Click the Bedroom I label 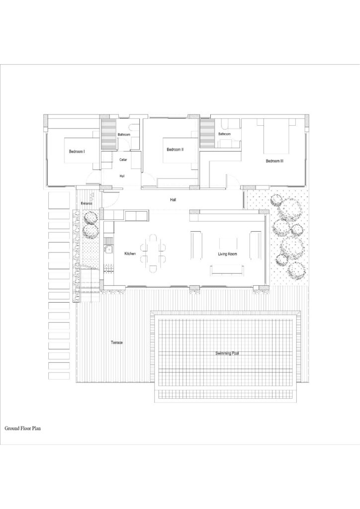coord(77,151)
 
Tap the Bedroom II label coord(176,150)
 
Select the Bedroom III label coord(274,161)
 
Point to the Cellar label coord(123,160)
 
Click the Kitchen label coord(130,254)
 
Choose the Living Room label coord(227,254)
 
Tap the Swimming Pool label coord(227,353)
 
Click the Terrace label coord(117,342)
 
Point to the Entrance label coord(87,203)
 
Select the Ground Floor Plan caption coord(23,428)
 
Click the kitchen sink coord(108,250)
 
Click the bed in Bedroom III coord(276,136)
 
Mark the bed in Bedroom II coord(180,150)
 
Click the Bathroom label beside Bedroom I coord(124,134)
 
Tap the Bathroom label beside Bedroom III coord(224,134)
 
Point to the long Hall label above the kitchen coord(173,200)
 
